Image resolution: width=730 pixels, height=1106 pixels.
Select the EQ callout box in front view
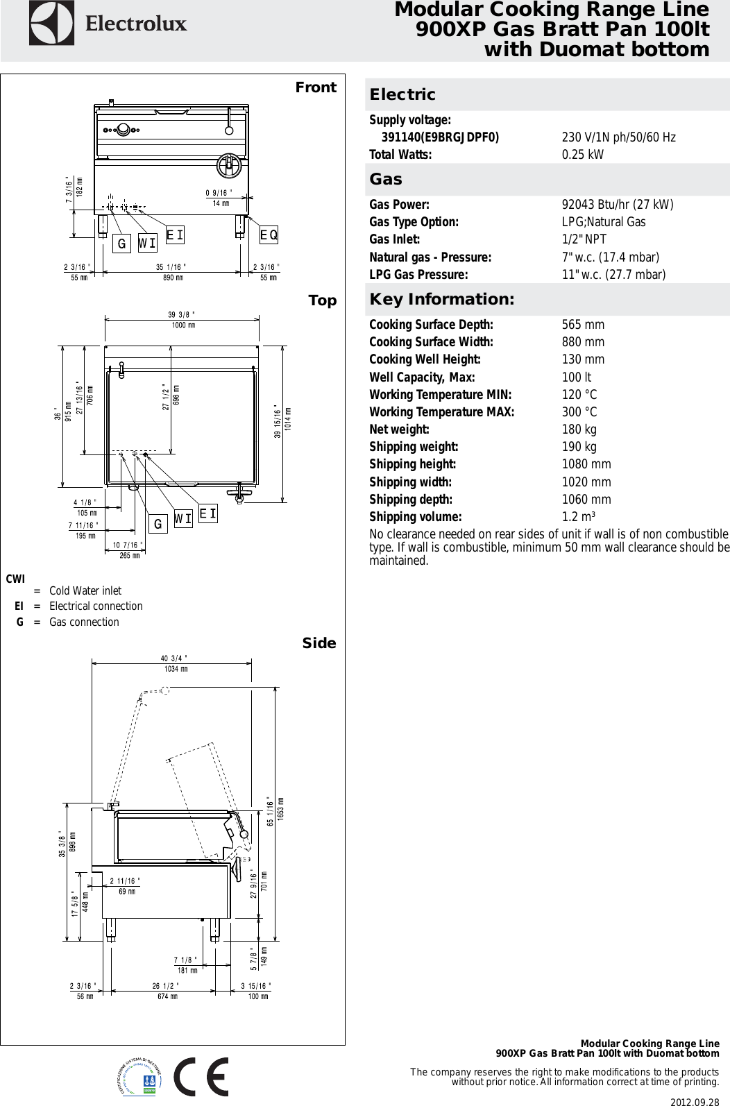coord(269,235)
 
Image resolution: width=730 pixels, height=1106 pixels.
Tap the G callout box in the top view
coord(158,525)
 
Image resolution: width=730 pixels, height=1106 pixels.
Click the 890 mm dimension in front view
coord(173,278)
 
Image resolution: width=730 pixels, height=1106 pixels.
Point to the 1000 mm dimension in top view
coord(182,325)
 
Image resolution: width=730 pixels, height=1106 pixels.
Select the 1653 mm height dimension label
coord(280,809)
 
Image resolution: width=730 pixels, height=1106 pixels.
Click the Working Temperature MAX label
coord(441,412)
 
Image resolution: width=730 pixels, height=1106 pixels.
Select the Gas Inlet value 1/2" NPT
coord(584,239)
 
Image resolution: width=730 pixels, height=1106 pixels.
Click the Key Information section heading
coord(441,300)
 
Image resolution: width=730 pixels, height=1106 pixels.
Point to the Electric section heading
coord(402,94)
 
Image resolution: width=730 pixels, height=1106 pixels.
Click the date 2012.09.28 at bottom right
coord(694,1100)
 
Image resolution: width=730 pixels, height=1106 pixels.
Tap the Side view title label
coord(319,643)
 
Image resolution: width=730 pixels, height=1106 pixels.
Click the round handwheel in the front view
coord(228,164)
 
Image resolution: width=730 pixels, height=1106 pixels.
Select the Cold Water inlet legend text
coord(85,590)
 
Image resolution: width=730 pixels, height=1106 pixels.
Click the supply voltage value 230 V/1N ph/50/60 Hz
coord(618,137)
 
